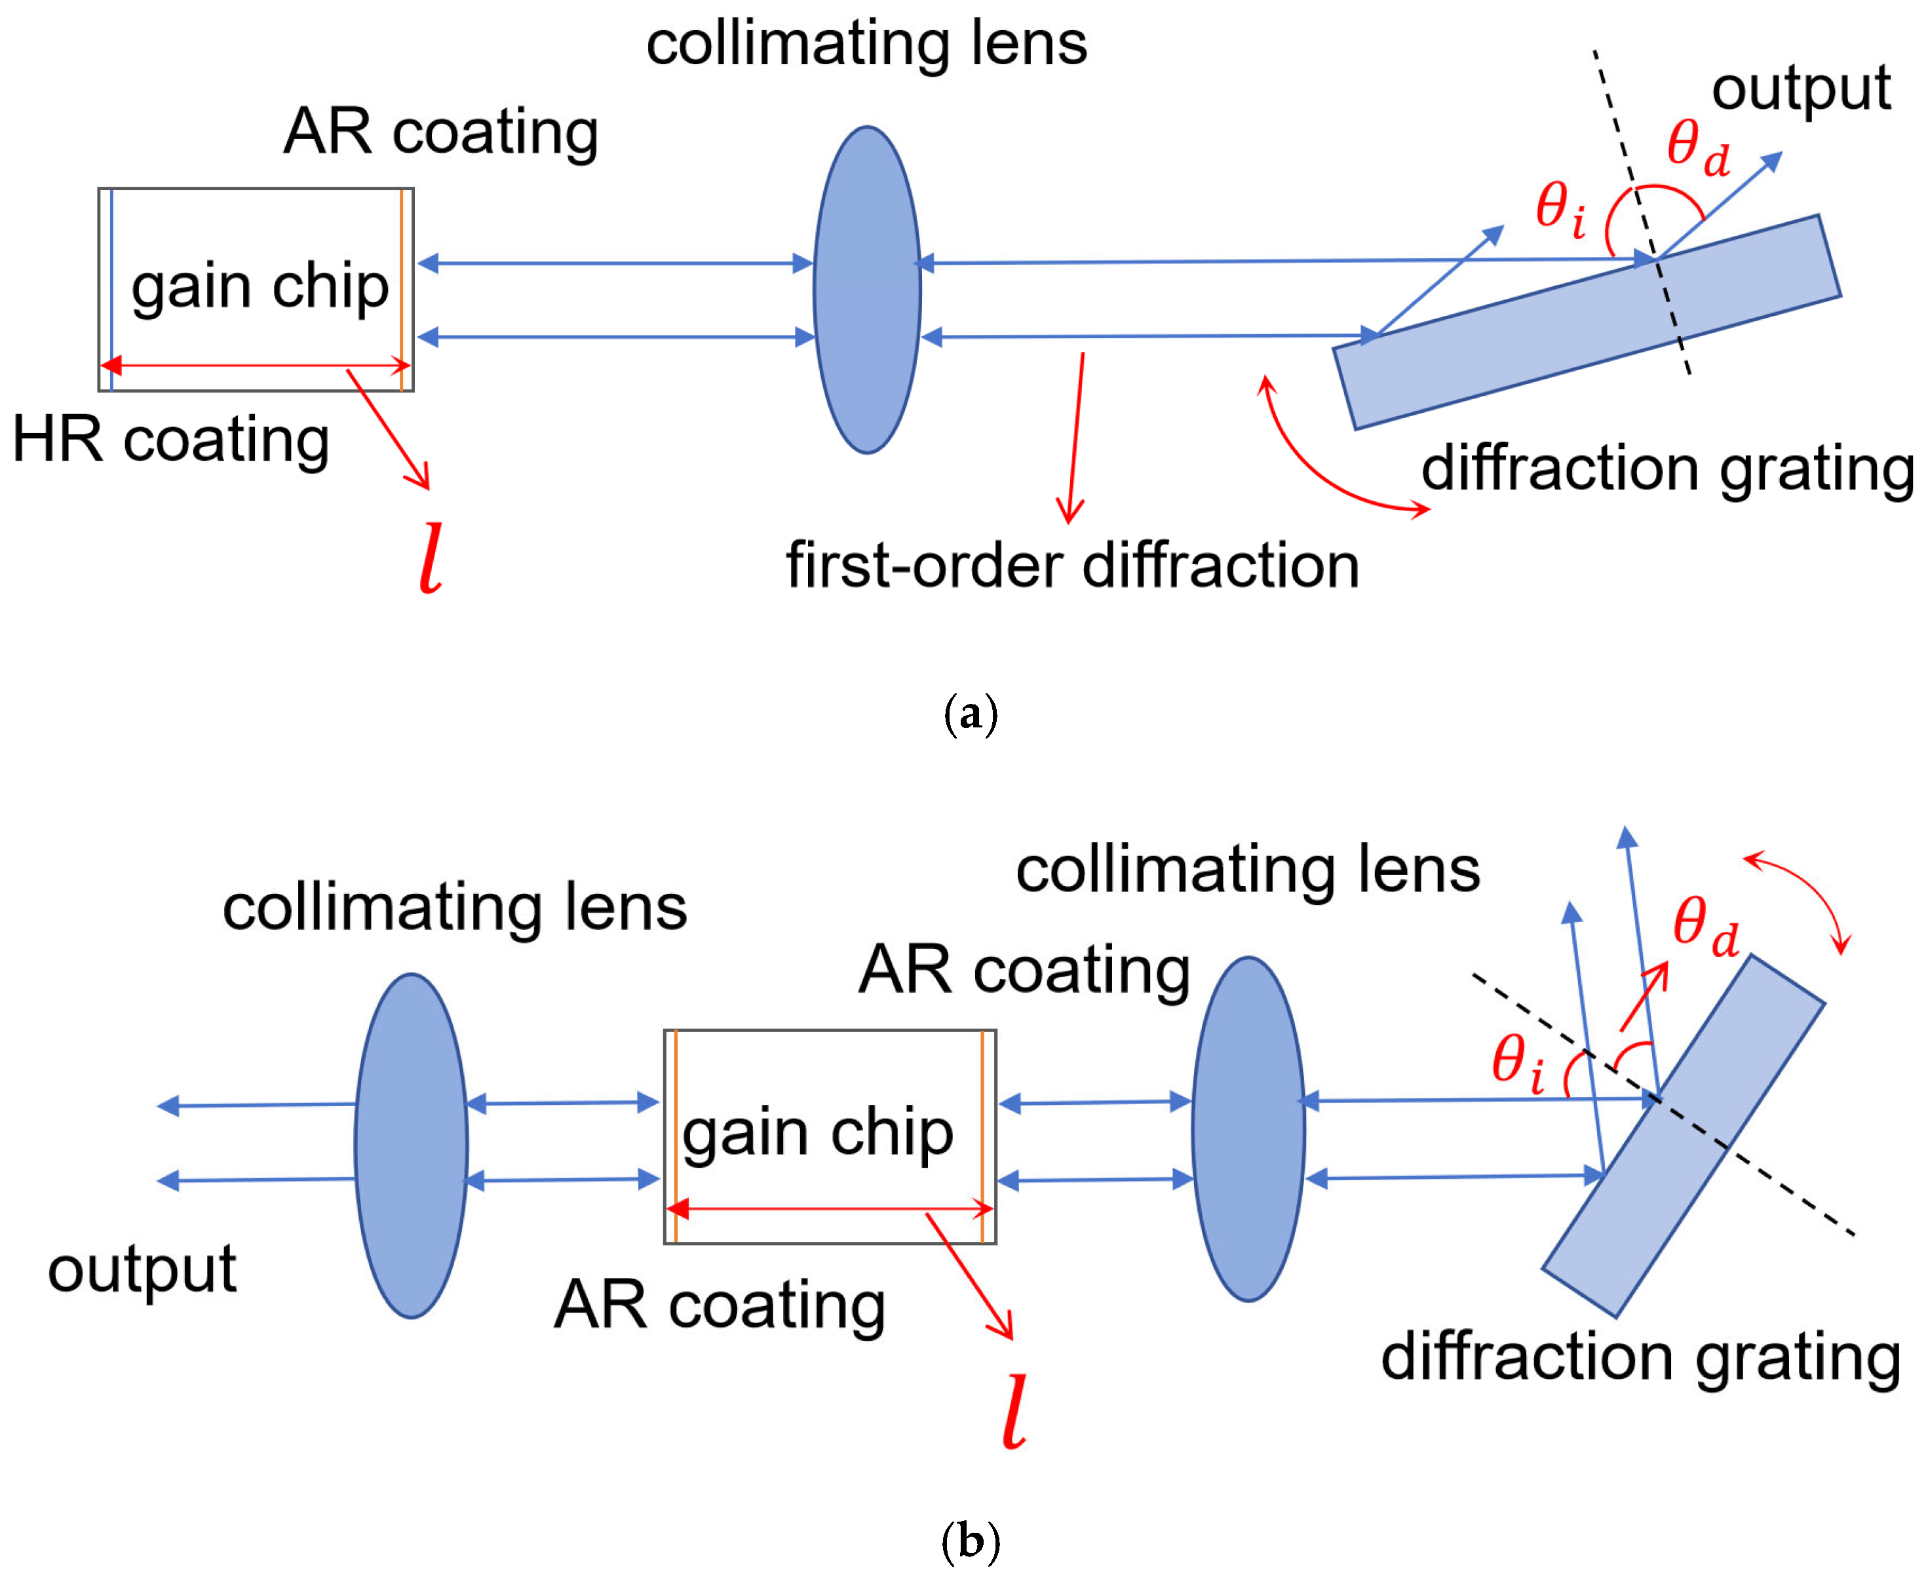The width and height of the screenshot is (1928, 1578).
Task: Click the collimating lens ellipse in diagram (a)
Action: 867,289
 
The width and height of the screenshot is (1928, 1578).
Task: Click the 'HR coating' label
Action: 171,440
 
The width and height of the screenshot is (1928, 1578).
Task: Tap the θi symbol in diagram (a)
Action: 1560,209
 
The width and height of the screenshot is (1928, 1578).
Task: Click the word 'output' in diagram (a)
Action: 1801,89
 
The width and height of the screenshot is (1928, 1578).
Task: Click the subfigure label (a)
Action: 970,714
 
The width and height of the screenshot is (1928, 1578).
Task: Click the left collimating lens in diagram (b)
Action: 411,1146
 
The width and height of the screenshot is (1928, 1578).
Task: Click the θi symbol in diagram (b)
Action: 1517,1064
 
